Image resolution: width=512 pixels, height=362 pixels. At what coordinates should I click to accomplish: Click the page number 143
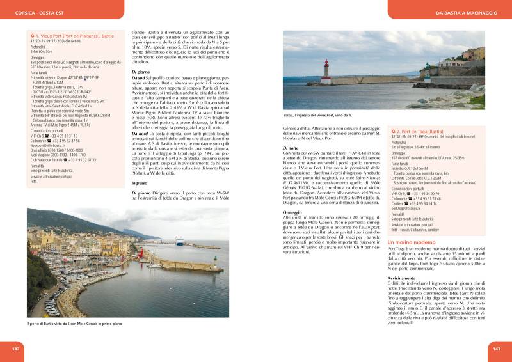(496, 349)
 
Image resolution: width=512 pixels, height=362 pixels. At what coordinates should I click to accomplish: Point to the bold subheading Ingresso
(140, 182)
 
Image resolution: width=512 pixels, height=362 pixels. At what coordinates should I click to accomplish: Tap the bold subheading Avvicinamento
(406, 279)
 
